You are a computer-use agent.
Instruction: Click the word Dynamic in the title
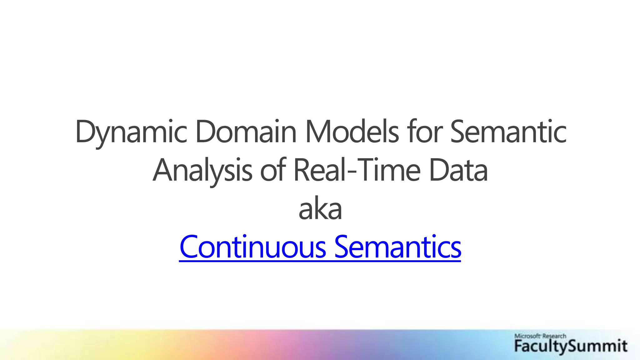coord(131,132)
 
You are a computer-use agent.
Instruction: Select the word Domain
coord(246,132)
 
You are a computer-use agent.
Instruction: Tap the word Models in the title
coord(352,132)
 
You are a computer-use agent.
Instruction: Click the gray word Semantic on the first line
coord(508,132)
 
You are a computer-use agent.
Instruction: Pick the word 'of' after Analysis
coord(273,171)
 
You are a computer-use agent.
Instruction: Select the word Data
coord(458,171)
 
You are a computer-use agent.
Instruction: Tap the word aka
coord(320,209)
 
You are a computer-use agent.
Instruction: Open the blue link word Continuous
coord(253,247)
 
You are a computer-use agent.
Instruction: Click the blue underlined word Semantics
coord(397,247)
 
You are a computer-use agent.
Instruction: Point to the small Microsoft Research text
coord(540,336)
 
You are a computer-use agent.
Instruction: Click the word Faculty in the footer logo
coord(537,346)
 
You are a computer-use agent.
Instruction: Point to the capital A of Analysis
coord(163,171)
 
